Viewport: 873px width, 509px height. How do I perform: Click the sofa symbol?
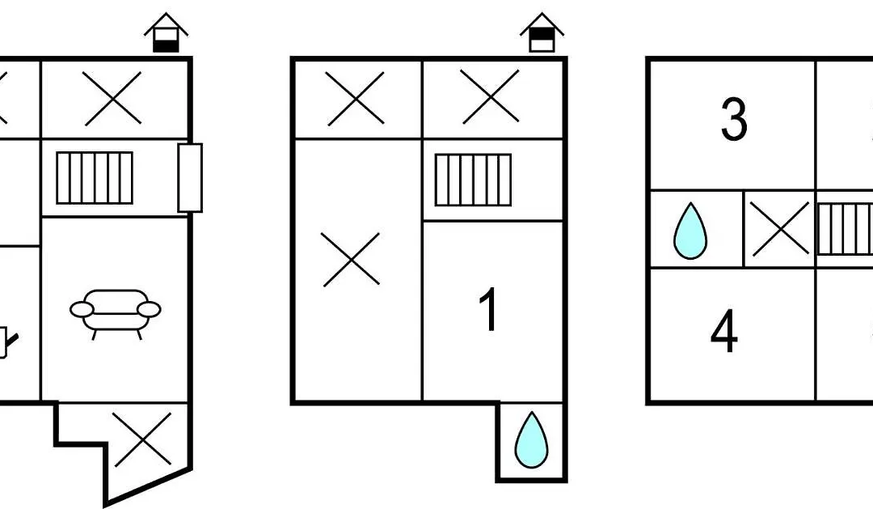(116, 314)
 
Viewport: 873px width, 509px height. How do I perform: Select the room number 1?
(488, 310)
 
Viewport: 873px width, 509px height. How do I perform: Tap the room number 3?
(734, 119)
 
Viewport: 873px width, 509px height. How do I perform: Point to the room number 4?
(724, 332)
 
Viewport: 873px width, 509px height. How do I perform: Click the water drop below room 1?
(532, 440)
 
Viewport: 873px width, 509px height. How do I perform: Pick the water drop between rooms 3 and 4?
(690, 231)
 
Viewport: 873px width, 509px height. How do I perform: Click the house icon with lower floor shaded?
(166, 33)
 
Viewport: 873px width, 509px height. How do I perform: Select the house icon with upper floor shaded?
(542, 32)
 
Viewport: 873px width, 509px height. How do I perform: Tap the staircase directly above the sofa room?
(95, 178)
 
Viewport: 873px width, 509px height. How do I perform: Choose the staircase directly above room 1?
(473, 180)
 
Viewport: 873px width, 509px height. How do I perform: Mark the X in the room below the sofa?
(143, 439)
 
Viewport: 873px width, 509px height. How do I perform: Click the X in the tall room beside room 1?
(351, 260)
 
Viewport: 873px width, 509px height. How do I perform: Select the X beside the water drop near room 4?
(779, 229)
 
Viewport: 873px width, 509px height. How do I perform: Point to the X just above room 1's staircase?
(491, 96)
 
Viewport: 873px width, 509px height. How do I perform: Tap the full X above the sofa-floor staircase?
(112, 98)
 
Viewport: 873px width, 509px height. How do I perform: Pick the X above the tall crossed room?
(355, 99)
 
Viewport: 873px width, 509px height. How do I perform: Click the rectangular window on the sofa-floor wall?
(190, 178)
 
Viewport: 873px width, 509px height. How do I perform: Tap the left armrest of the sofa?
(82, 309)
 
